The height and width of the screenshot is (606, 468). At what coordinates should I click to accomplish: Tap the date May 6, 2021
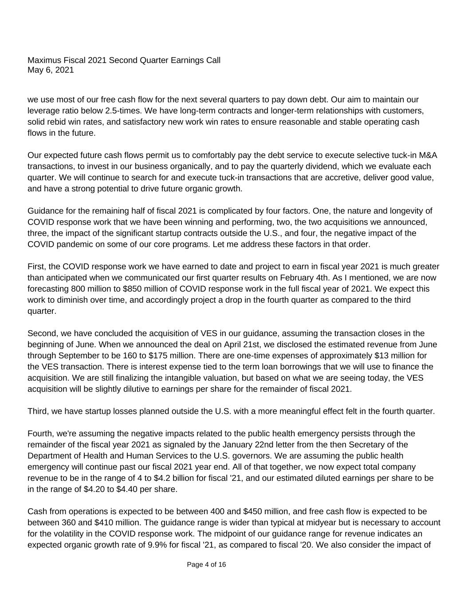(x=51, y=70)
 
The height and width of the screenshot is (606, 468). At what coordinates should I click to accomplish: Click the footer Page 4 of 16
(x=206, y=565)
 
